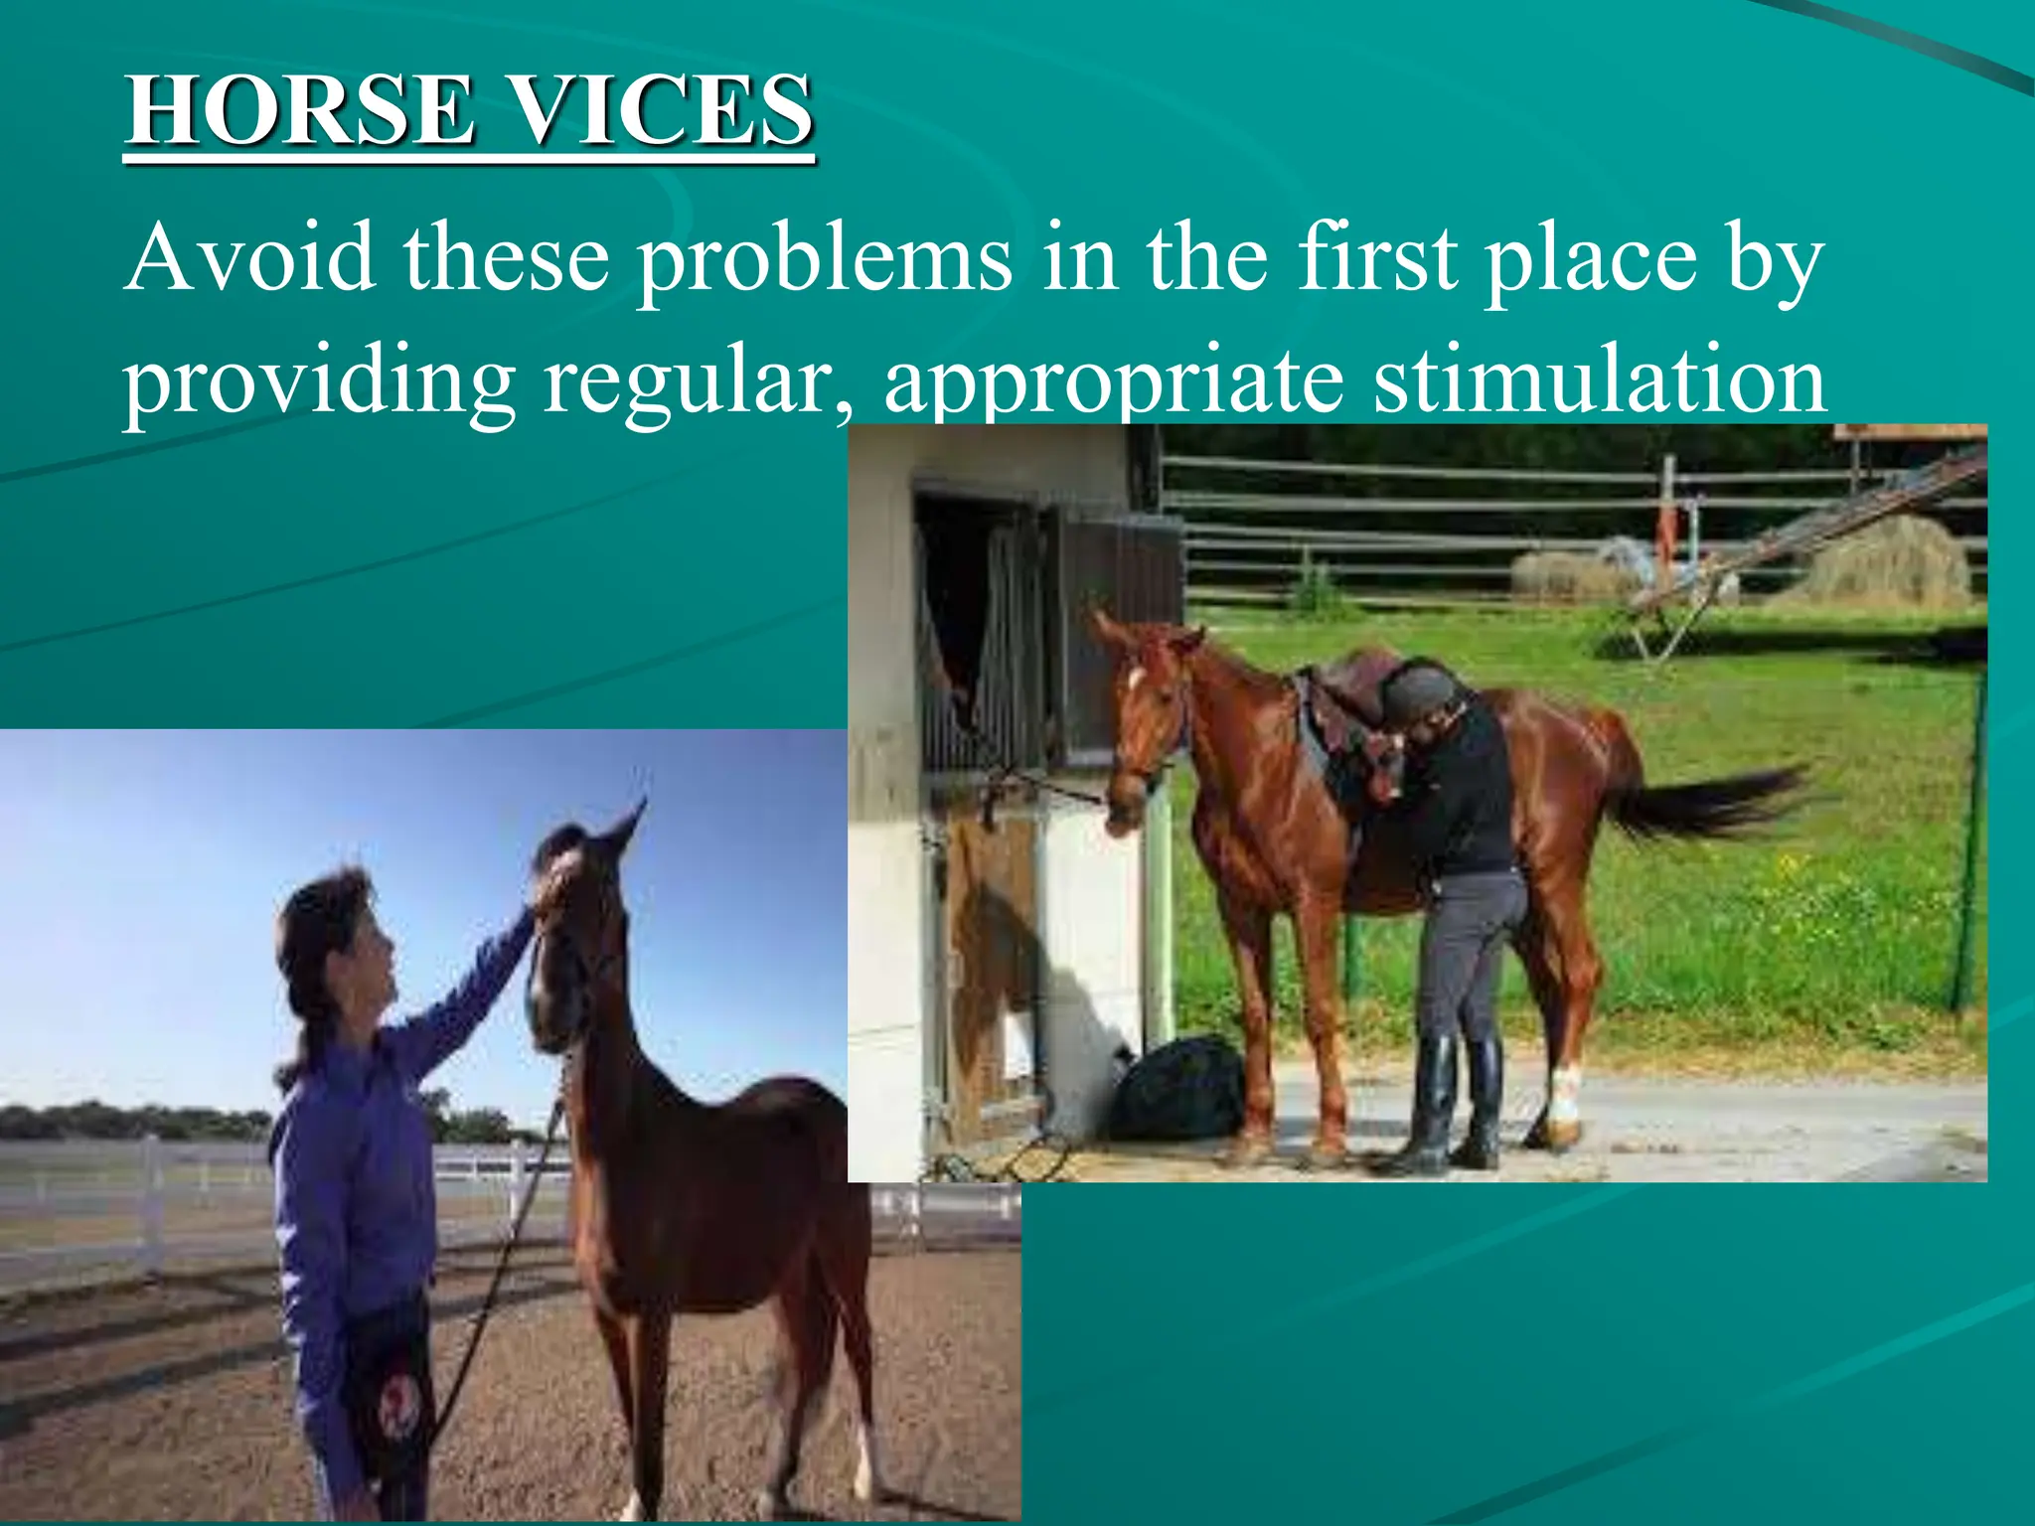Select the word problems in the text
click(824, 260)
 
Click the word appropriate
click(1114, 382)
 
